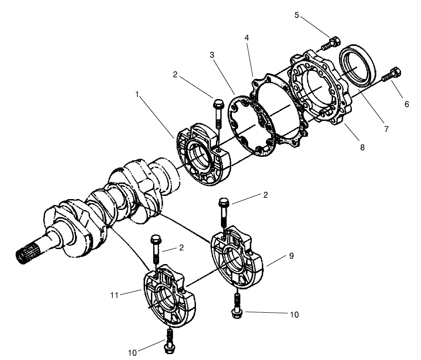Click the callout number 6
tap(406, 104)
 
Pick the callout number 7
tap(386, 129)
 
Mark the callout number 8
tap(362, 147)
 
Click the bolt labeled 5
tap(330, 44)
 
